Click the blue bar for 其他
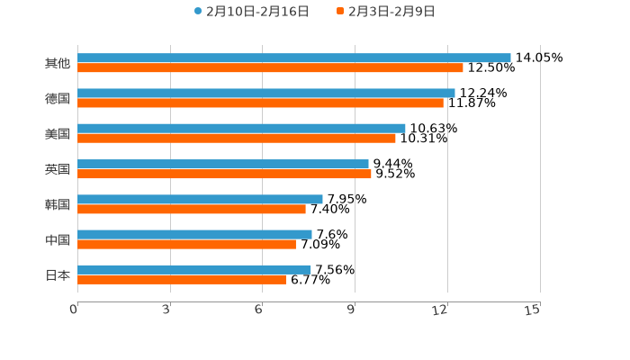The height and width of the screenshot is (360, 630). point(293,58)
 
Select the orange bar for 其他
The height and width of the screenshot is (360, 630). point(270,67)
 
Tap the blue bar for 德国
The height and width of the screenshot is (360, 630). point(265,93)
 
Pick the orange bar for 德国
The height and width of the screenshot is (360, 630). point(260,103)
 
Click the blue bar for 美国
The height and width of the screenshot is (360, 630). point(241,128)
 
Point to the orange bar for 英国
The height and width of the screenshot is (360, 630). point(224,174)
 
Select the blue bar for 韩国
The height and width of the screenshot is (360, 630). point(200,199)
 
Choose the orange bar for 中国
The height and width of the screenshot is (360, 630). point(186,244)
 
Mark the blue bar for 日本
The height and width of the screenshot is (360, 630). point(194,269)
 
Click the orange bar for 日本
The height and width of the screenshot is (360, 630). point(182,279)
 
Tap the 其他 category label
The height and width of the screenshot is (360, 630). point(57,63)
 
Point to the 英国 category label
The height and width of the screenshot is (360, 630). point(57,169)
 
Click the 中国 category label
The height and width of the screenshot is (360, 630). point(57,239)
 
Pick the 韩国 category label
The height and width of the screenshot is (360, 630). point(57,204)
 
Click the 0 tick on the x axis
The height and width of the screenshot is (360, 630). point(74,310)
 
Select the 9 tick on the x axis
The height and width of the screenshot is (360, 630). point(351,310)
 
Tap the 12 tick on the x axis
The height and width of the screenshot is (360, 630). point(440,310)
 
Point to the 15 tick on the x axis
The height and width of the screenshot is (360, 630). point(533,310)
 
